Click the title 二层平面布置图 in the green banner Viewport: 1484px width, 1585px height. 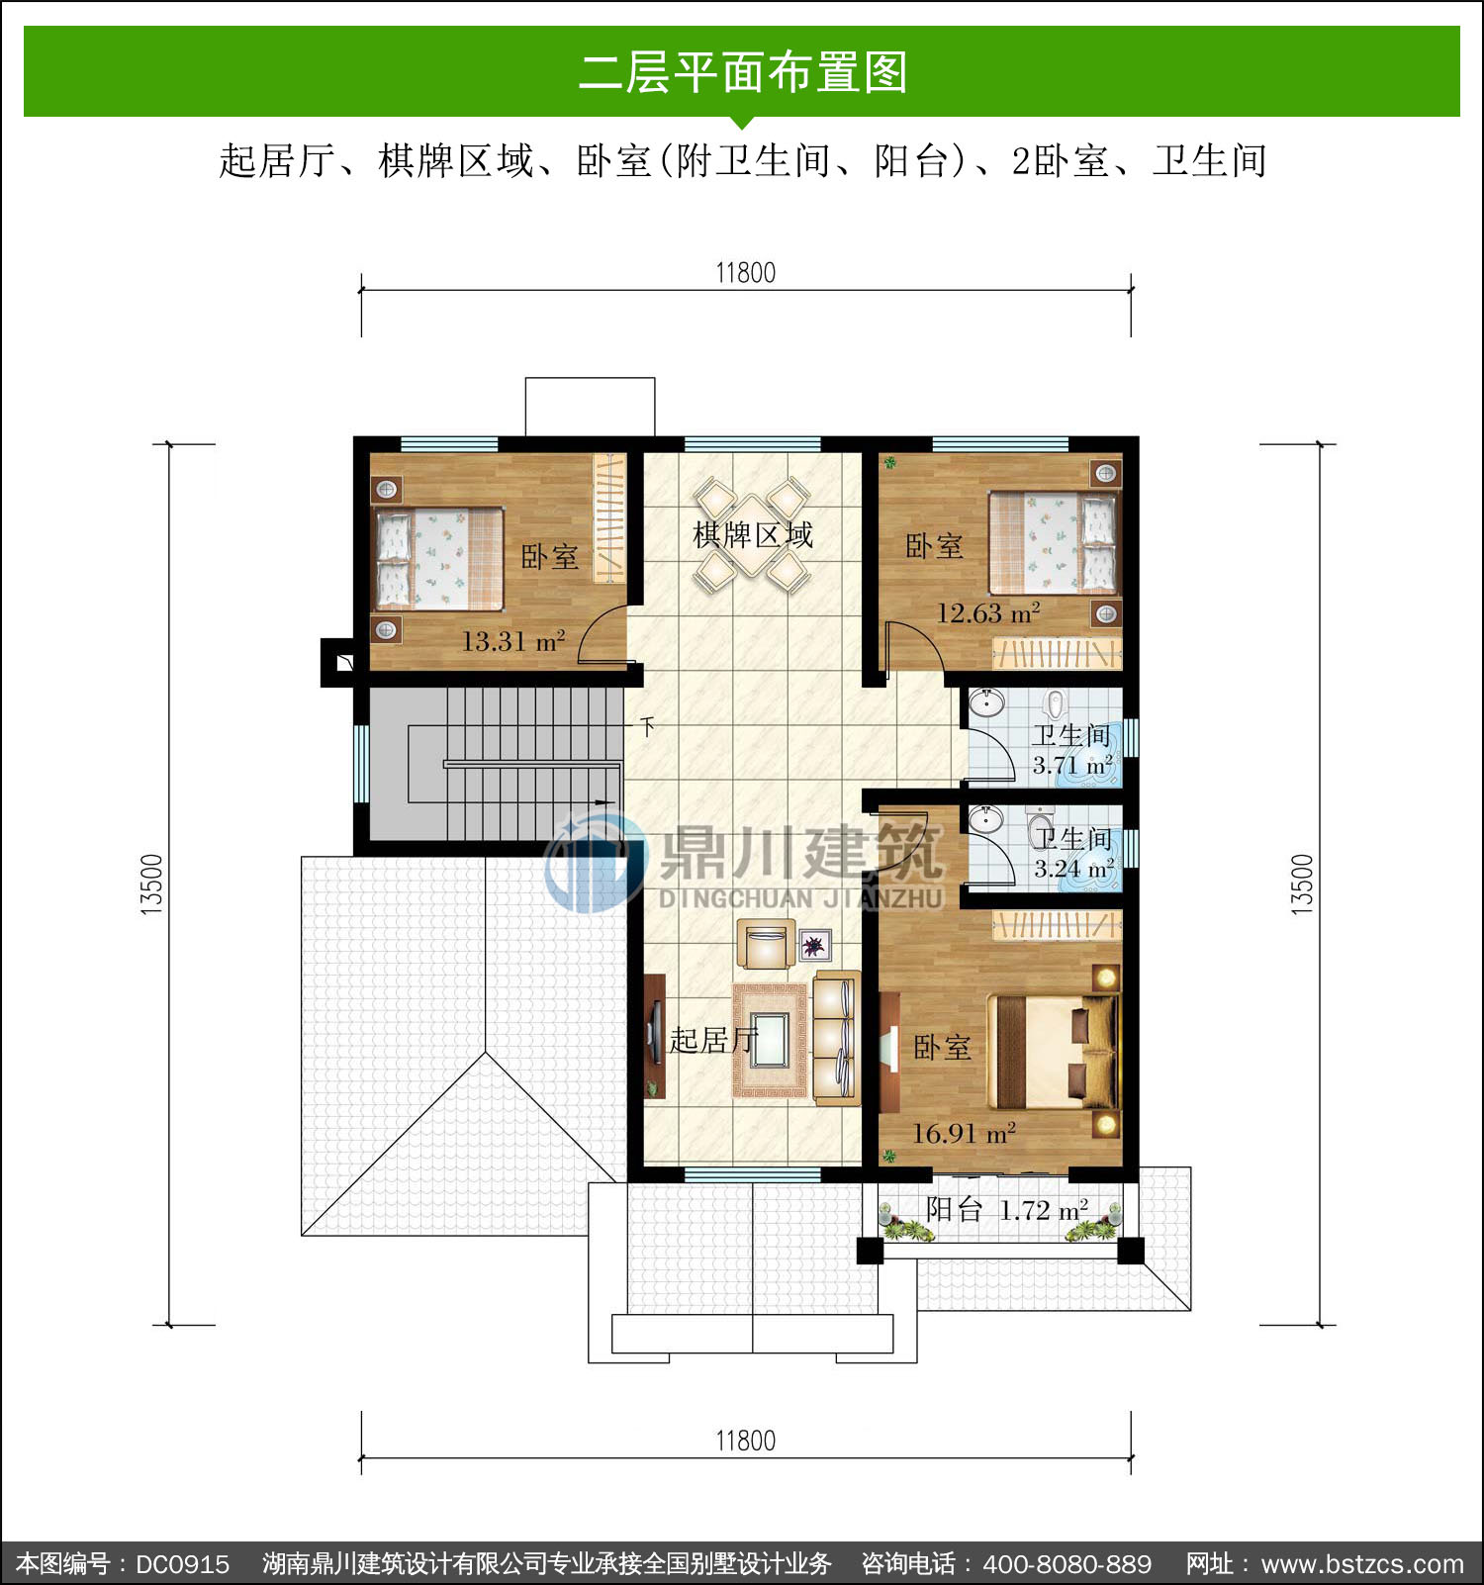pyautogui.click(x=742, y=72)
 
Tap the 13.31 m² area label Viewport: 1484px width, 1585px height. pyautogui.click(x=513, y=641)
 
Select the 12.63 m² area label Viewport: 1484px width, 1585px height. pyautogui.click(x=988, y=613)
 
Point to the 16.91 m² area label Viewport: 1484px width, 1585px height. pyautogui.click(x=964, y=1133)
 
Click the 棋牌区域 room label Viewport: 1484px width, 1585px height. pyautogui.click(x=753, y=535)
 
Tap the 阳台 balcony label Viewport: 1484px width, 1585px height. pyautogui.click(x=954, y=1209)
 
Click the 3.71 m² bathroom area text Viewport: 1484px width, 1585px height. pyautogui.click(x=1073, y=765)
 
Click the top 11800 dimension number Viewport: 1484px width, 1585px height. pyautogui.click(x=746, y=273)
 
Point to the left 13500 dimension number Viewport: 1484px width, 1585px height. pyautogui.click(x=151, y=885)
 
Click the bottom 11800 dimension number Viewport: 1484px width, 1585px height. pyautogui.click(x=746, y=1441)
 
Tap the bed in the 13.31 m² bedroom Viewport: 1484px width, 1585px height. pyautogui.click(x=438, y=559)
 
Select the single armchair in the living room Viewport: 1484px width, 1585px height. pyautogui.click(x=766, y=945)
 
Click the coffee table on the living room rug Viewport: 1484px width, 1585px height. pyautogui.click(x=769, y=1040)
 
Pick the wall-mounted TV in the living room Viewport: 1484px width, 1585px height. pyautogui.click(x=654, y=1036)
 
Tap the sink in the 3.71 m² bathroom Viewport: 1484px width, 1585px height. pyautogui.click(x=985, y=703)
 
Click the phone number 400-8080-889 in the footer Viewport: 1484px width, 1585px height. pyautogui.click(x=1067, y=1564)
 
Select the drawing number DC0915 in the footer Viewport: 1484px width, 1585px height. pyautogui.click(x=182, y=1564)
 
